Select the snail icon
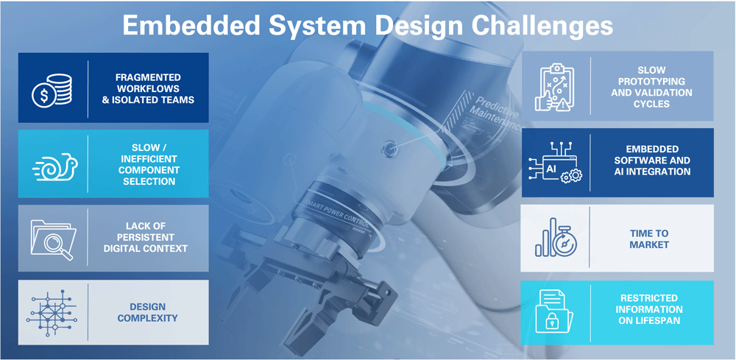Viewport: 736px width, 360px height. tap(52, 166)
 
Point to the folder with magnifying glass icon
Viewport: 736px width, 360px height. tap(52, 239)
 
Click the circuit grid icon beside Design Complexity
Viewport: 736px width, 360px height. tap(52, 312)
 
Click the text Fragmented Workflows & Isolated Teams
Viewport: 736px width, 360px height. tap(149, 88)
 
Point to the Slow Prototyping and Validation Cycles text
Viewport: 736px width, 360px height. tap(651, 87)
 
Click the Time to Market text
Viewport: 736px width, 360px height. tap(648, 239)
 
